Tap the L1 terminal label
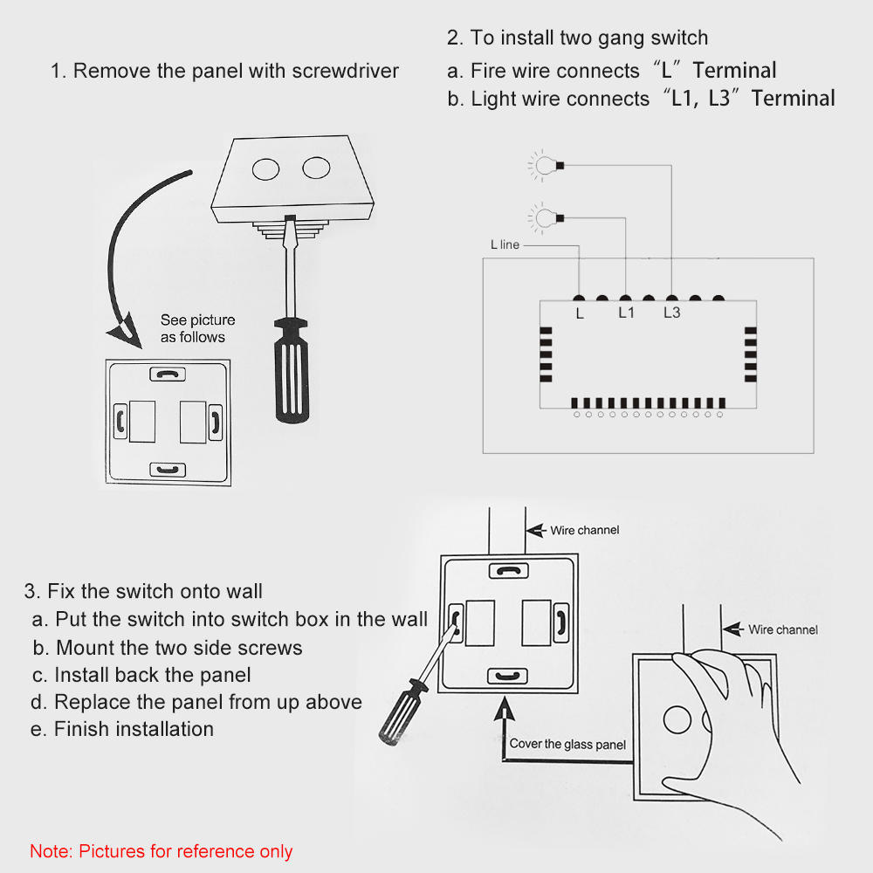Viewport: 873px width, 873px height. (x=626, y=313)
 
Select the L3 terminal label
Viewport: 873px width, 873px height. (x=671, y=313)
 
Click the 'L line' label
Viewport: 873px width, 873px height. (x=505, y=245)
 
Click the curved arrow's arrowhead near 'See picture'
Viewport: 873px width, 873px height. (x=120, y=331)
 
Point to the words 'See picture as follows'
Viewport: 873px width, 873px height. (x=197, y=329)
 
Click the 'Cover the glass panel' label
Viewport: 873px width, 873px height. (x=567, y=745)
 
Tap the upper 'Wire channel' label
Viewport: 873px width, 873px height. (x=584, y=531)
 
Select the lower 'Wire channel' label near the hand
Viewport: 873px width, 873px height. (x=782, y=629)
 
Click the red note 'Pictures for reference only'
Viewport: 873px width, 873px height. (x=162, y=851)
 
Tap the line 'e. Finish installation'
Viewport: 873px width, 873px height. (x=122, y=729)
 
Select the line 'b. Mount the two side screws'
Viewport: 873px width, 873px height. (x=168, y=648)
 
